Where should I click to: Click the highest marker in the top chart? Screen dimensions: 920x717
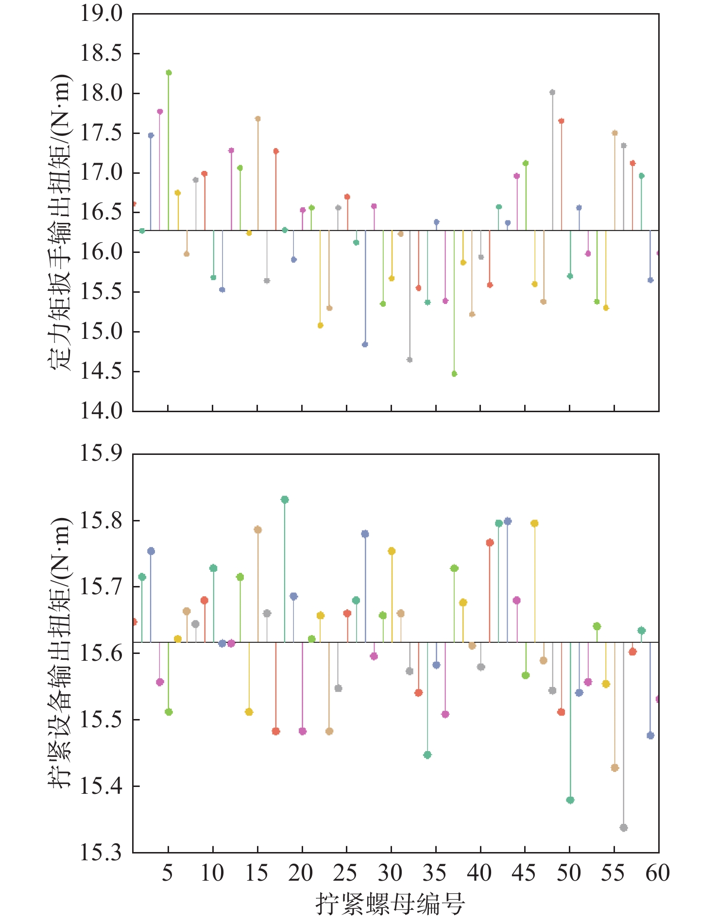coord(169,73)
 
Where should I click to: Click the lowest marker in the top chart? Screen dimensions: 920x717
coord(454,374)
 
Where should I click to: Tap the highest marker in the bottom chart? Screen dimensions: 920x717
coord(285,500)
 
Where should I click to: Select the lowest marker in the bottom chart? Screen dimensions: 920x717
coord(624,828)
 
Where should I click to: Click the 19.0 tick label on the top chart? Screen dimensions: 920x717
coord(102,14)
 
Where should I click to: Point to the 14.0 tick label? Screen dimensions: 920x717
coord(102,411)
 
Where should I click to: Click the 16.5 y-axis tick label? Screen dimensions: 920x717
coord(102,212)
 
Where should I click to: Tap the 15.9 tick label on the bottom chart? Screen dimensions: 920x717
coord(102,453)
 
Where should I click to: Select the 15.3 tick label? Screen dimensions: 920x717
coord(102,853)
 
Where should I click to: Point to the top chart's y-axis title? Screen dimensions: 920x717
coord(60,223)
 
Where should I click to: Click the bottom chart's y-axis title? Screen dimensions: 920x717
coord(60,653)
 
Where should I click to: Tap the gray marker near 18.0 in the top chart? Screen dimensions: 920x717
coord(552,92)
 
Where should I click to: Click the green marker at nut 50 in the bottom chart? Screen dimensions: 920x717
coord(570,800)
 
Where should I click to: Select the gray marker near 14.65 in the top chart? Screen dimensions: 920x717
coord(410,360)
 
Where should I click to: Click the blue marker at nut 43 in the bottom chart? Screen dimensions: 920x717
coord(508,521)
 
